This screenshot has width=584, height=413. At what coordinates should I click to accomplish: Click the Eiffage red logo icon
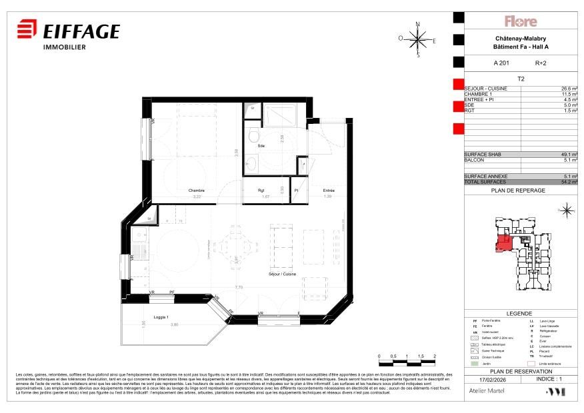(27, 31)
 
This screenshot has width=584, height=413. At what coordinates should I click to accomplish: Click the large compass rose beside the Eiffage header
(418, 39)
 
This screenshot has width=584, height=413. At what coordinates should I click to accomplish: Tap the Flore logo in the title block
(520, 21)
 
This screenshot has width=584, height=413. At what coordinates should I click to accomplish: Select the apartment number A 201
(501, 63)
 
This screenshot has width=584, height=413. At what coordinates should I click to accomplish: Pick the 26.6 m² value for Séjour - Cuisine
(569, 89)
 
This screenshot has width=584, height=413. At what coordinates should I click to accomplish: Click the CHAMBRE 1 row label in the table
(477, 94)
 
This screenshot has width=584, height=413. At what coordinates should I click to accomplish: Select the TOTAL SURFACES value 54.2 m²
(568, 181)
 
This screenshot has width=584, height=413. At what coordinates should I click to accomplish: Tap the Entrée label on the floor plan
(329, 191)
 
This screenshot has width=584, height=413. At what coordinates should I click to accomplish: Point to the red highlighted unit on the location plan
(504, 245)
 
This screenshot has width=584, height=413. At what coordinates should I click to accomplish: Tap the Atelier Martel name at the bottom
(483, 392)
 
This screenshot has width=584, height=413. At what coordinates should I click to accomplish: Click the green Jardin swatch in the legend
(475, 362)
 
